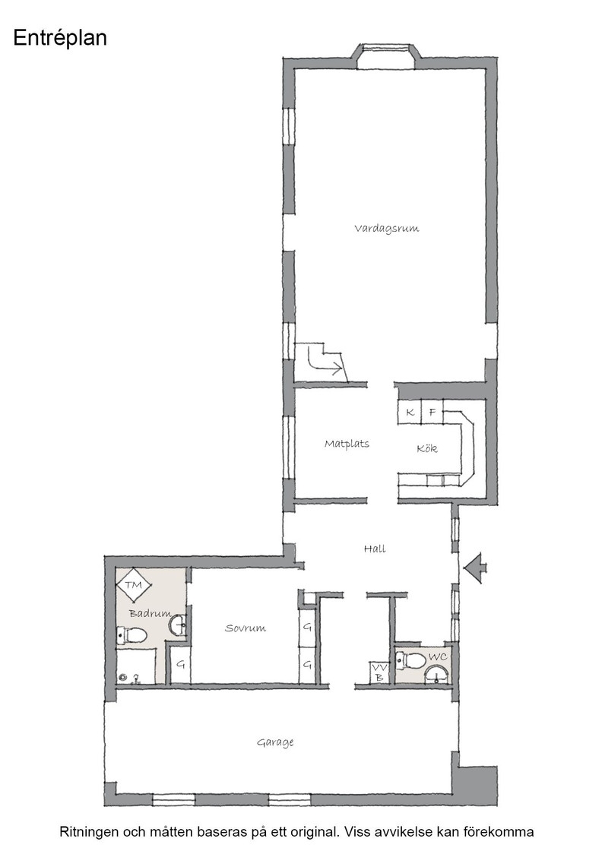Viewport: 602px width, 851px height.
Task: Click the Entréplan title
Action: point(60,39)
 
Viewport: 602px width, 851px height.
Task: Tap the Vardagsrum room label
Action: point(386,229)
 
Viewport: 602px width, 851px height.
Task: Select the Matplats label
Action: point(347,444)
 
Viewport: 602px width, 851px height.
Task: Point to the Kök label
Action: point(427,449)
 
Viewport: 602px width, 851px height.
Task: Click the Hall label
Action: point(375,549)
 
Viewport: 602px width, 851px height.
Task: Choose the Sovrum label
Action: point(246,628)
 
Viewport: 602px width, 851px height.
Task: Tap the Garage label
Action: point(275,742)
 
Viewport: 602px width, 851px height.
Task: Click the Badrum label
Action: point(149,614)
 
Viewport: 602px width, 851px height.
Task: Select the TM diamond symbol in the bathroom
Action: point(134,585)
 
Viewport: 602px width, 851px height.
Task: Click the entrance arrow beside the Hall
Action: point(476,568)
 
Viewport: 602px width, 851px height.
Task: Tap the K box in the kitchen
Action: point(410,413)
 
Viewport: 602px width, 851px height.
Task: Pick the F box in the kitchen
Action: point(432,413)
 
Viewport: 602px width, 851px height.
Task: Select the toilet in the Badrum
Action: point(132,635)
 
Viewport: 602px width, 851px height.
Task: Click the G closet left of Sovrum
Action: point(180,663)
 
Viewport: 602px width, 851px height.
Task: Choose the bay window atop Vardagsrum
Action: point(387,57)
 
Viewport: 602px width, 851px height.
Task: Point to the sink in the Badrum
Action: point(178,625)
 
